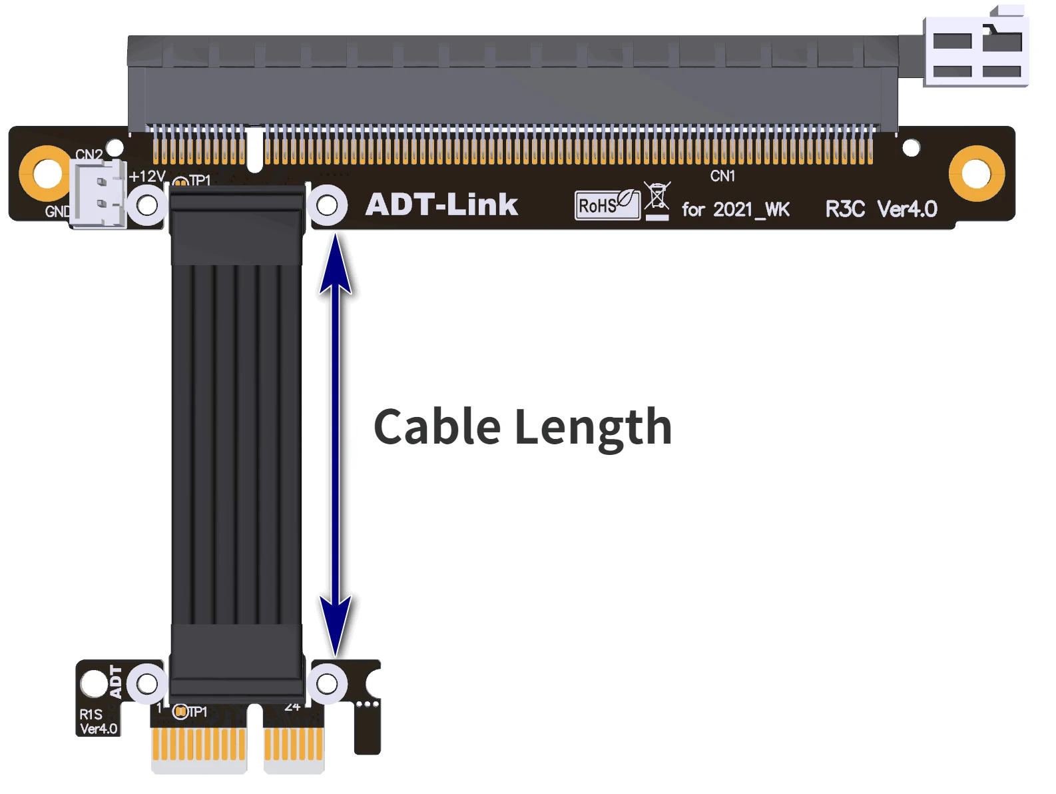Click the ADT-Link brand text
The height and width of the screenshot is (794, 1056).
(441, 204)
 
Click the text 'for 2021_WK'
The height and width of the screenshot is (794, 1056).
(735, 209)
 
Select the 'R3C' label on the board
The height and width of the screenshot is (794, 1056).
(845, 209)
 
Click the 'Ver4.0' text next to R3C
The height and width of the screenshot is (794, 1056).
(907, 209)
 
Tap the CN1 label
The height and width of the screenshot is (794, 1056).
(722, 176)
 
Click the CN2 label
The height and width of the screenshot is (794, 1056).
(89, 155)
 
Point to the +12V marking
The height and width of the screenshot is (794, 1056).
(146, 177)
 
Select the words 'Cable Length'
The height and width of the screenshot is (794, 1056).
(523, 427)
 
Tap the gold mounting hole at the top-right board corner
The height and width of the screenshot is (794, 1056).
(976, 174)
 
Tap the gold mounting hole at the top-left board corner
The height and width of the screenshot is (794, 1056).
(46, 174)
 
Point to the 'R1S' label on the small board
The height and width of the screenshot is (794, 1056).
(91, 714)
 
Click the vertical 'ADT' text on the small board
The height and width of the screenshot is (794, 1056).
(117, 681)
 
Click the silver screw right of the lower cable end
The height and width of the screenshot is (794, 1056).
(327, 683)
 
